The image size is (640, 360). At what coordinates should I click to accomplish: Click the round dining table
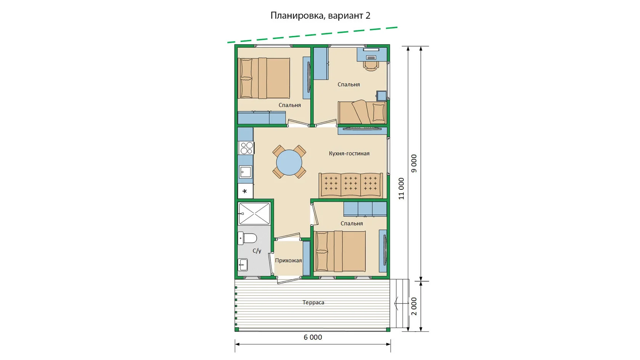[x=289, y=162]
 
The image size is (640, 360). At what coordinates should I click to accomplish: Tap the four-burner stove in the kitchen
[x=246, y=148]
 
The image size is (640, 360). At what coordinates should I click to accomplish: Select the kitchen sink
[x=245, y=172]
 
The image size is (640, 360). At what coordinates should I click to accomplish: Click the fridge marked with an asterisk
[x=245, y=191]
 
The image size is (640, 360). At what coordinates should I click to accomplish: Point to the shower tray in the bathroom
[x=254, y=213]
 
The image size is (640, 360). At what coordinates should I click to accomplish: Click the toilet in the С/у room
[x=248, y=238]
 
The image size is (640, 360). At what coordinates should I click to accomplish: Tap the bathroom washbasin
[x=243, y=264]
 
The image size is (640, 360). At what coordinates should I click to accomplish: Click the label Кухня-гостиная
[x=349, y=154]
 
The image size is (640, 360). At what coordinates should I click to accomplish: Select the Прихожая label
[x=288, y=261]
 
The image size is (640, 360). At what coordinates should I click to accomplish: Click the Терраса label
[x=314, y=302]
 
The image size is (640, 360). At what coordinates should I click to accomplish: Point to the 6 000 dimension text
[x=313, y=337]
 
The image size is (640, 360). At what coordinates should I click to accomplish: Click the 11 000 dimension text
[x=402, y=189]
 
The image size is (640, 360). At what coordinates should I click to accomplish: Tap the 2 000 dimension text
[x=414, y=306]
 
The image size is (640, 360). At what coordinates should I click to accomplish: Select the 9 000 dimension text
[x=414, y=163]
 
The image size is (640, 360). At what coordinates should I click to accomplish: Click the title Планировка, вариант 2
[x=320, y=15]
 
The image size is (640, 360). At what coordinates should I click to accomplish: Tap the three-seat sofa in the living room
[x=351, y=185]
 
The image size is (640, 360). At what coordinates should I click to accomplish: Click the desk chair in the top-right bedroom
[x=371, y=66]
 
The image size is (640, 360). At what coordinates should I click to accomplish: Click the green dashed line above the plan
[x=312, y=35]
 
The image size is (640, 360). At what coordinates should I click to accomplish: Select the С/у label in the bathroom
[x=257, y=251]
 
